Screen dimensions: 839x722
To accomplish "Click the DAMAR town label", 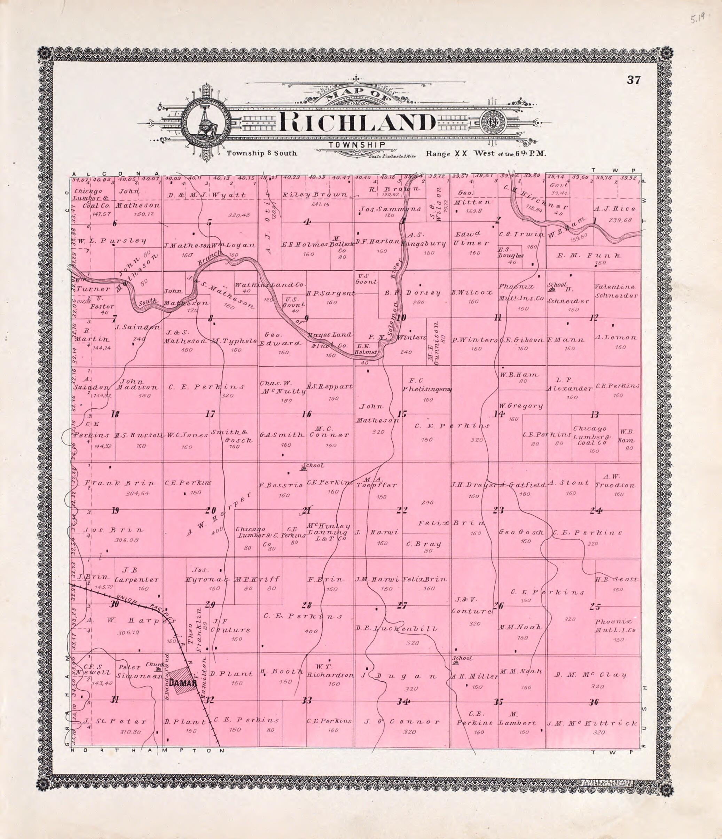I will coord(183,683).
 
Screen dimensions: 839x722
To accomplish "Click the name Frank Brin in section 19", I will coord(119,483).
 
